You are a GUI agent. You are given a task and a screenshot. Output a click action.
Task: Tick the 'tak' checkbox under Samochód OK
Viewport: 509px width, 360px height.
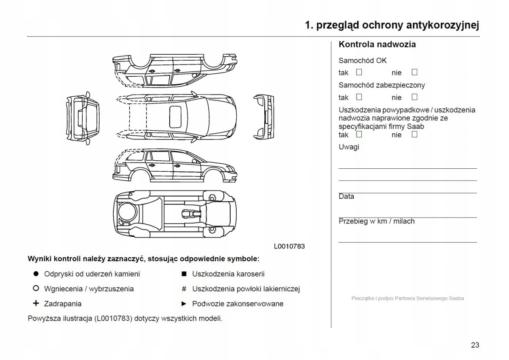pyautogui.click(x=359, y=72)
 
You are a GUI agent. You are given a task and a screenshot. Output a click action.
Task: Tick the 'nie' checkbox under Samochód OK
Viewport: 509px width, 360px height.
pyautogui.click(x=414, y=72)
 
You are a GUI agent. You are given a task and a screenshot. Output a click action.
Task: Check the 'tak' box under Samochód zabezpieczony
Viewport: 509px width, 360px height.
pyautogui.click(x=359, y=97)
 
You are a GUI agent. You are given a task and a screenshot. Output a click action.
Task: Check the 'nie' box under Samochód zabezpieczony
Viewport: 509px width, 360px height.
pyautogui.click(x=414, y=97)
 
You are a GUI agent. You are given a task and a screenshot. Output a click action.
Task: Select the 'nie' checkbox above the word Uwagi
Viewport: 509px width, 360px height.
pyautogui.click(x=414, y=134)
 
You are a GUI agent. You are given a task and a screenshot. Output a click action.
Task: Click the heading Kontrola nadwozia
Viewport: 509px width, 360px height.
pyautogui.click(x=377, y=45)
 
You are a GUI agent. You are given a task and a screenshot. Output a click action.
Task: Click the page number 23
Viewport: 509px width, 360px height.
pyautogui.click(x=475, y=345)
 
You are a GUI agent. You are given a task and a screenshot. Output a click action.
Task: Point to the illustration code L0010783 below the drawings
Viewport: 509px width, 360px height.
pyautogui.click(x=289, y=246)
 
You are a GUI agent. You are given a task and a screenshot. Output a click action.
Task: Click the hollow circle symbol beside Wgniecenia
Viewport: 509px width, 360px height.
pyautogui.click(x=36, y=289)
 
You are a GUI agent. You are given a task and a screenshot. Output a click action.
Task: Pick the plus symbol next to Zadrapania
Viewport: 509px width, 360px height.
pyautogui.click(x=36, y=304)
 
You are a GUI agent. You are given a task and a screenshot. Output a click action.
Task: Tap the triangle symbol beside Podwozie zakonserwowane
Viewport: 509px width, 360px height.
pyautogui.click(x=184, y=304)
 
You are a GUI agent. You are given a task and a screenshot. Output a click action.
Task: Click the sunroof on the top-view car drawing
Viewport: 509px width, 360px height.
pyautogui.click(x=175, y=117)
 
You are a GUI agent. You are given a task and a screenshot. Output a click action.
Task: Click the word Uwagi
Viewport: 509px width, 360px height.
pyautogui.click(x=349, y=147)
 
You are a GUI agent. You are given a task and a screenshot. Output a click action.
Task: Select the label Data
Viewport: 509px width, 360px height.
pyautogui.click(x=346, y=196)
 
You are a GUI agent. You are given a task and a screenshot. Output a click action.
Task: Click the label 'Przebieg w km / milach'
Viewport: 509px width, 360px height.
pyautogui.click(x=376, y=221)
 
